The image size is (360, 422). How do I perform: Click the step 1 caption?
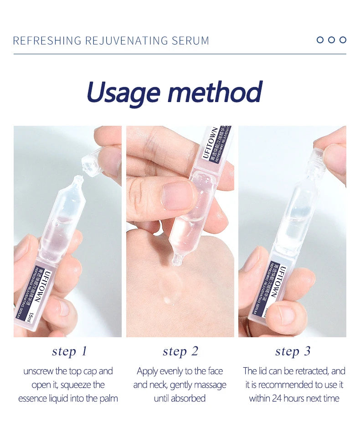[x=69, y=351]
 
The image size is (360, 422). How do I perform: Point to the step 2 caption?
[x=180, y=351]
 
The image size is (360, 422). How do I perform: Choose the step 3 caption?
[x=293, y=351]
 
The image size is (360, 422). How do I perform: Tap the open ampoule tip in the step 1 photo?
[x=78, y=181]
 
